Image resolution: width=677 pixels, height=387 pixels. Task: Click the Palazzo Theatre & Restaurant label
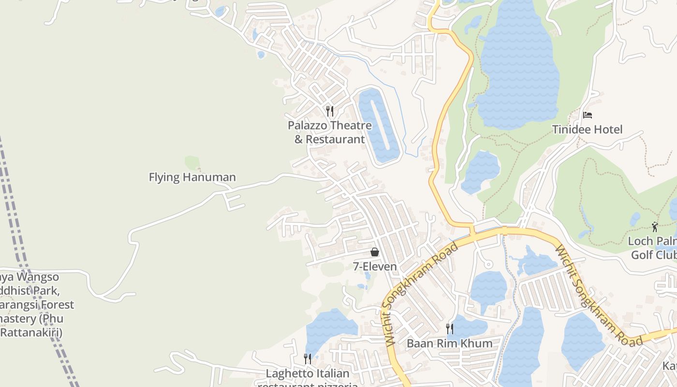pos(330,132)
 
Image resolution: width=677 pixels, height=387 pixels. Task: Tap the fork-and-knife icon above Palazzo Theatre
pos(330,111)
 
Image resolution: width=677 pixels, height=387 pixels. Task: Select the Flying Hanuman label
pos(192,177)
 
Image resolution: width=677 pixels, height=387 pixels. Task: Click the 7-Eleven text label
pos(374,266)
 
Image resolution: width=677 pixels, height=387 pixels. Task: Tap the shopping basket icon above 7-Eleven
pos(374,252)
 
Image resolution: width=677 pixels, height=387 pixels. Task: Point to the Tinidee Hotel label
pos(587,129)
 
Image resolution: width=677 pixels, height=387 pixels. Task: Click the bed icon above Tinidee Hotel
pos(587,115)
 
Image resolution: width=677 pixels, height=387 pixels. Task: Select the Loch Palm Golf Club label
pos(653,248)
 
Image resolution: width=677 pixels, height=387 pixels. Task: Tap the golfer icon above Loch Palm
pos(655,226)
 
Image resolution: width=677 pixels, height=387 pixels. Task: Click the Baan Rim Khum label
pos(449,343)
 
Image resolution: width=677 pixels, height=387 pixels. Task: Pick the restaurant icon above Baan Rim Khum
pos(449,329)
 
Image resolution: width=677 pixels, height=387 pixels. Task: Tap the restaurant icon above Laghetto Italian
pos(308,358)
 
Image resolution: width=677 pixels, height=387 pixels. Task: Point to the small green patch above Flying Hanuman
pos(192,163)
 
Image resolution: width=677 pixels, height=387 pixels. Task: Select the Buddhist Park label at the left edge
pos(34,305)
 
